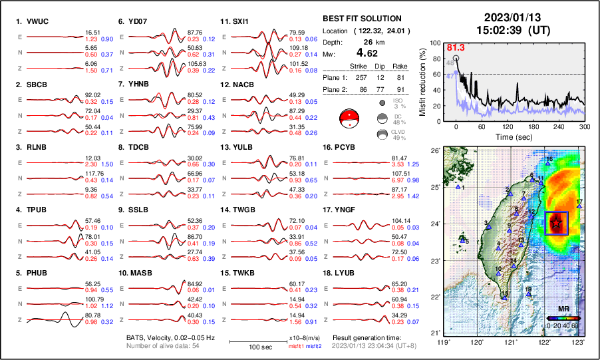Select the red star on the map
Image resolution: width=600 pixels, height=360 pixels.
(555, 224)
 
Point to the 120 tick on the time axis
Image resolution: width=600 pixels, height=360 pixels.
(508, 126)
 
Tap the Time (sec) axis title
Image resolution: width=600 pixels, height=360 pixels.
(508, 136)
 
